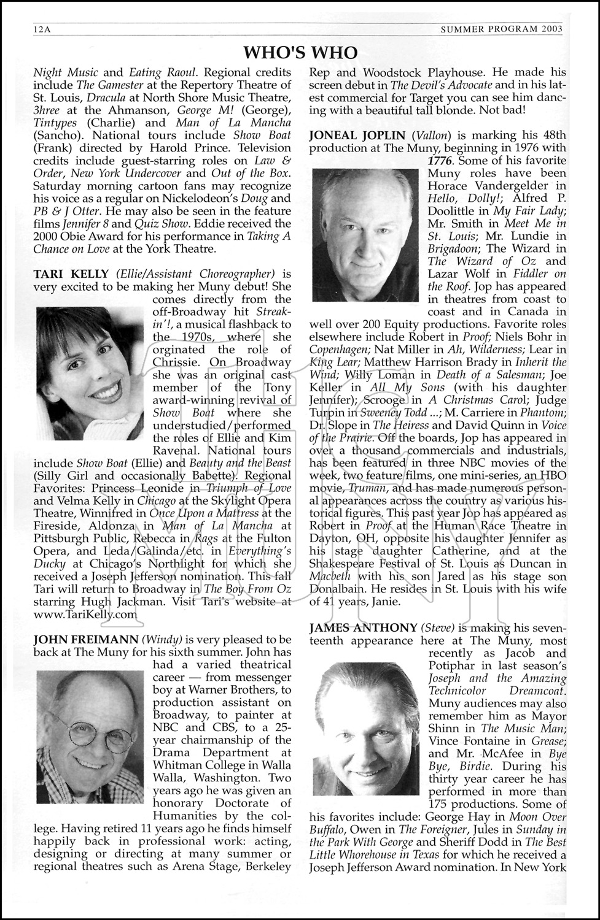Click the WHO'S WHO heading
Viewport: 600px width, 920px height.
(x=300, y=52)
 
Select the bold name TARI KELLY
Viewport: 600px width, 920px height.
(x=72, y=274)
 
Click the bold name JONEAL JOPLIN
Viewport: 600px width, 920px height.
(x=357, y=135)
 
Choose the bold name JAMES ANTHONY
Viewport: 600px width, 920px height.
(x=363, y=627)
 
